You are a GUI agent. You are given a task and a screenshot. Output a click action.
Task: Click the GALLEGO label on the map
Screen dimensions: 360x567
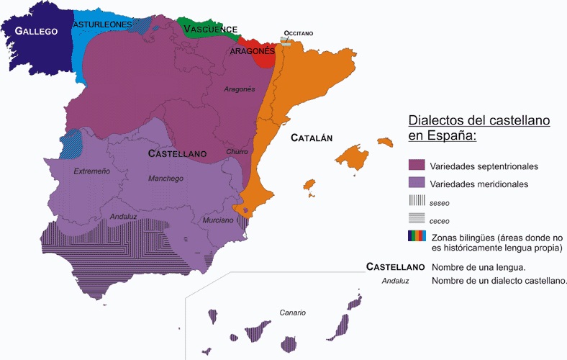click(x=37, y=31)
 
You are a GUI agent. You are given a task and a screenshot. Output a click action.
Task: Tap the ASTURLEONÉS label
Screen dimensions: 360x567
click(x=102, y=24)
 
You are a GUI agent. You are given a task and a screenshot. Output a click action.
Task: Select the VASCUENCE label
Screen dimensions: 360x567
click(x=210, y=30)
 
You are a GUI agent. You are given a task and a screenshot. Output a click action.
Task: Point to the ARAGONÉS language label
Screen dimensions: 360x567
click(x=253, y=51)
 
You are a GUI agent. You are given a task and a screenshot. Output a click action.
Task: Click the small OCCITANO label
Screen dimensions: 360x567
click(x=299, y=33)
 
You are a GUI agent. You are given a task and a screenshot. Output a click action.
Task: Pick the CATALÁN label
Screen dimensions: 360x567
click(x=311, y=138)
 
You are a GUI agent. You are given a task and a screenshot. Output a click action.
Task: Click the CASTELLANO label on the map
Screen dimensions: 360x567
click(x=177, y=153)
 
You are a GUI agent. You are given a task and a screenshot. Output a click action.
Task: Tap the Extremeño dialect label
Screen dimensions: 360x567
click(x=91, y=171)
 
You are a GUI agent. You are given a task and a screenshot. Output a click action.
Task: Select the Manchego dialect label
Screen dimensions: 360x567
click(x=165, y=179)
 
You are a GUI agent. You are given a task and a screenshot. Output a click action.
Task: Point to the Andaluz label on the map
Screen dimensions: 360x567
click(x=124, y=216)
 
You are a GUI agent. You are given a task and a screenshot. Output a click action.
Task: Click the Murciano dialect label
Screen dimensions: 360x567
click(x=218, y=220)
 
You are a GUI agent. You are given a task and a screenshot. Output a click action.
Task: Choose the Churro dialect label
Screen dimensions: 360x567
click(x=237, y=152)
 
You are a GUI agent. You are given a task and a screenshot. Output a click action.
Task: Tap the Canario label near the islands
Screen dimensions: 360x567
click(x=293, y=312)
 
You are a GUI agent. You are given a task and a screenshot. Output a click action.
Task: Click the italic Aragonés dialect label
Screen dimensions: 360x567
click(x=240, y=89)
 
